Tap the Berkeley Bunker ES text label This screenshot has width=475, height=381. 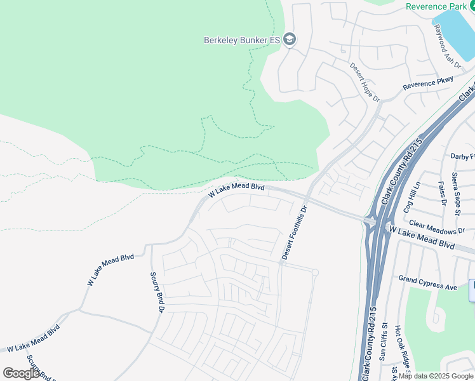pyautogui.click(x=242, y=40)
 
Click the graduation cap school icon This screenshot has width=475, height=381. pyautogui.click(x=290, y=39)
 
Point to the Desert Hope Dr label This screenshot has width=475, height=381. pyautogui.click(x=365, y=82)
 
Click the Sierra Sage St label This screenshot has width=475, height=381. pyautogui.click(x=455, y=184)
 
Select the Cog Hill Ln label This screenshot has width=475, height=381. pyautogui.click(x=417, y=197)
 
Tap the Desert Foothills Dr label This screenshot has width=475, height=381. pyautogui.click(x=295, y=232)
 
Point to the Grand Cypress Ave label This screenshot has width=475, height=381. pyautogui.click(x=427, y=283)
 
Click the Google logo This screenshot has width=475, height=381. pyautogui.click(x=21, y=373)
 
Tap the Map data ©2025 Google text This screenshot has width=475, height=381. pyautogui.click(x=435, y=376)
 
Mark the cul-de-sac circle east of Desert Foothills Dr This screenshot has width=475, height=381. pyautogui.click(x=314, y=272)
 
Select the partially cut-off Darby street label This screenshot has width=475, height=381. pyautogui.click(x=462, y=156)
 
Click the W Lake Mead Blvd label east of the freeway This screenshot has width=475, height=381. pyautogui.click(x=423, y=239)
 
